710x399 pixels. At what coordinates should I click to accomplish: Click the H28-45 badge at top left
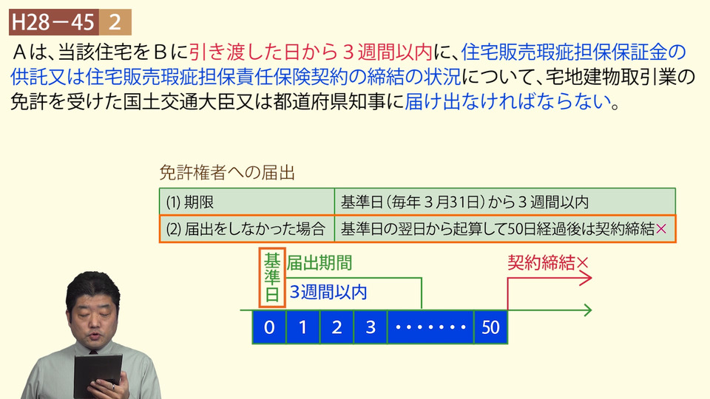tap(54, 22)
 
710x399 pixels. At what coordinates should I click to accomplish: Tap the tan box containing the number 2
tap(115, 22)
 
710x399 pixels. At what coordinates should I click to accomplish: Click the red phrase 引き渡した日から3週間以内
tap(311, 53)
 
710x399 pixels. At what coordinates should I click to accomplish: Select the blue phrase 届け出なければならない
tap(508, 102)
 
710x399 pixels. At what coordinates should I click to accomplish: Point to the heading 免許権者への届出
tap(227, 173)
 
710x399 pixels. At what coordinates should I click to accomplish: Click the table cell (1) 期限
tap(247, 202)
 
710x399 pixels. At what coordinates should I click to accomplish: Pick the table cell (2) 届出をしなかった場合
tap(247, 229)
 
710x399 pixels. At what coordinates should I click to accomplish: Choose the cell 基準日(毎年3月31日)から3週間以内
tap(504, 202)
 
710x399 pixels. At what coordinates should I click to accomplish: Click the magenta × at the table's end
tap(661, 229)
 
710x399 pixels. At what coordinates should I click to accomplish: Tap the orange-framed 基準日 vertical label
tap(272, 277)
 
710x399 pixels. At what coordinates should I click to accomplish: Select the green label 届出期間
tap(319, 263)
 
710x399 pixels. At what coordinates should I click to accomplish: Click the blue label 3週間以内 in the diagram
tap(328, 293)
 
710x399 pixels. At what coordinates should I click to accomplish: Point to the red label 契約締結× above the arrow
tap(548, 262)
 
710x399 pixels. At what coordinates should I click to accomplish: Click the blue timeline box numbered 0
tap(269, 327)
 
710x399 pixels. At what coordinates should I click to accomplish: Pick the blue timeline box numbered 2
tap(337, 327)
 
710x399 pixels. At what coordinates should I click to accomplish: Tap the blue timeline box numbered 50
tap(490, 327)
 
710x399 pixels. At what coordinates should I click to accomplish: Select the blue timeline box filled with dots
tap(430, 327)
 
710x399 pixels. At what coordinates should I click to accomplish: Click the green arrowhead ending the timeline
tap(587, 310)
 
